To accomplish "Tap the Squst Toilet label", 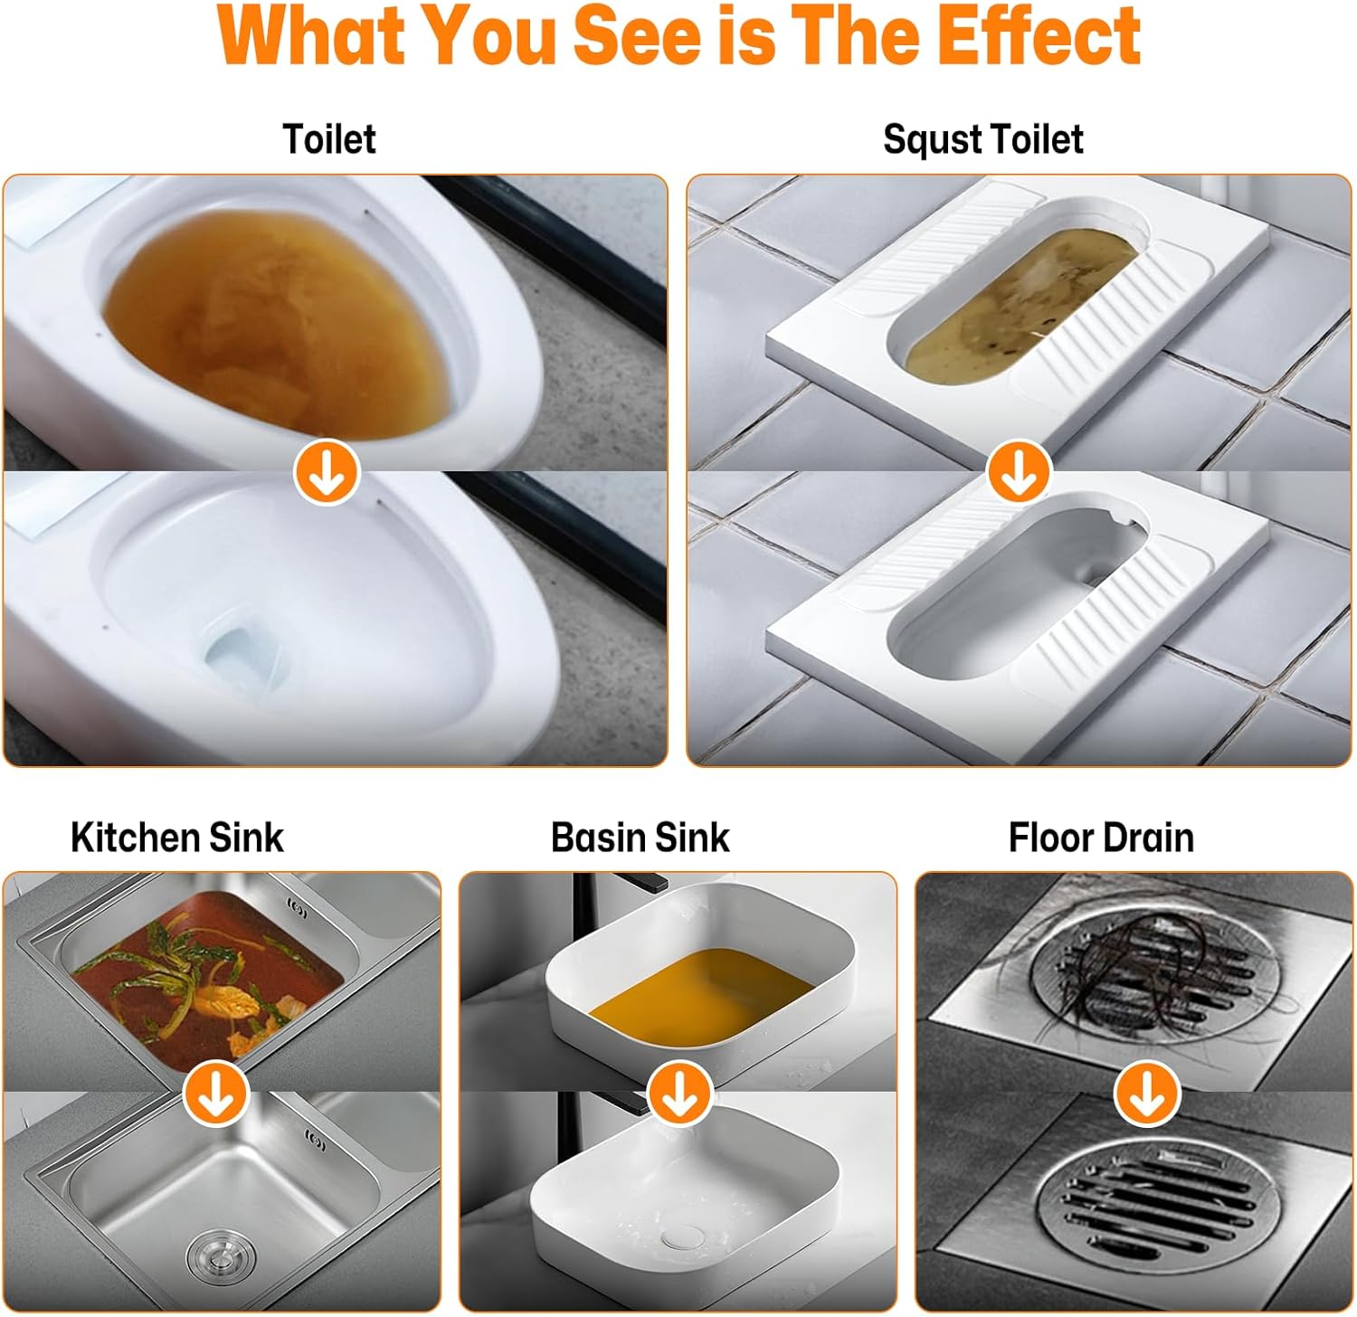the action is tap(983, 139).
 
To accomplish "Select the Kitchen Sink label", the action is tap(177, 838).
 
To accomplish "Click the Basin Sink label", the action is tap(641, 838).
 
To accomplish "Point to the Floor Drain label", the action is tap(1101, 838).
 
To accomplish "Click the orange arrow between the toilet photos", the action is tap(327, 471).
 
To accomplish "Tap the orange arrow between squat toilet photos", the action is tap(1019, 471).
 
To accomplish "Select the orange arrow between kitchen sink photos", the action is tap(216, 1093).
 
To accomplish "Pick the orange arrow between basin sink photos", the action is tap(680, 1093).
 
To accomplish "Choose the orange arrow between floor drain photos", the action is tap(1147, 1093).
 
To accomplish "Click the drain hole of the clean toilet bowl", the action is tap(237, 656).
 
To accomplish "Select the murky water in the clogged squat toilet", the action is tap(1020, 303).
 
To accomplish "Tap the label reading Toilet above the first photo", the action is tap(329, 139).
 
